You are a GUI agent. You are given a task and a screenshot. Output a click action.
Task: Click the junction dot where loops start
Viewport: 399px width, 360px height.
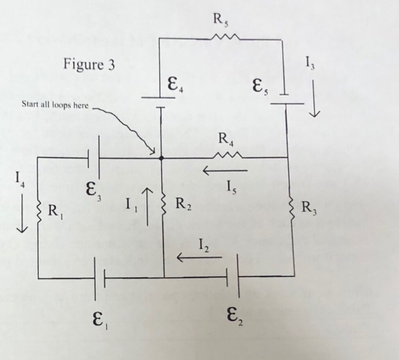pyautogui.click(x=161, y=158)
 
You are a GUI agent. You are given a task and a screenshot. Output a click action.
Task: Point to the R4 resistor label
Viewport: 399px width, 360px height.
pyautogui.click(x=226, y=138)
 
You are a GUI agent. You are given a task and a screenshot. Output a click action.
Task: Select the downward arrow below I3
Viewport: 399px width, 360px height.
pyautogui.click(x=313, y=107)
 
